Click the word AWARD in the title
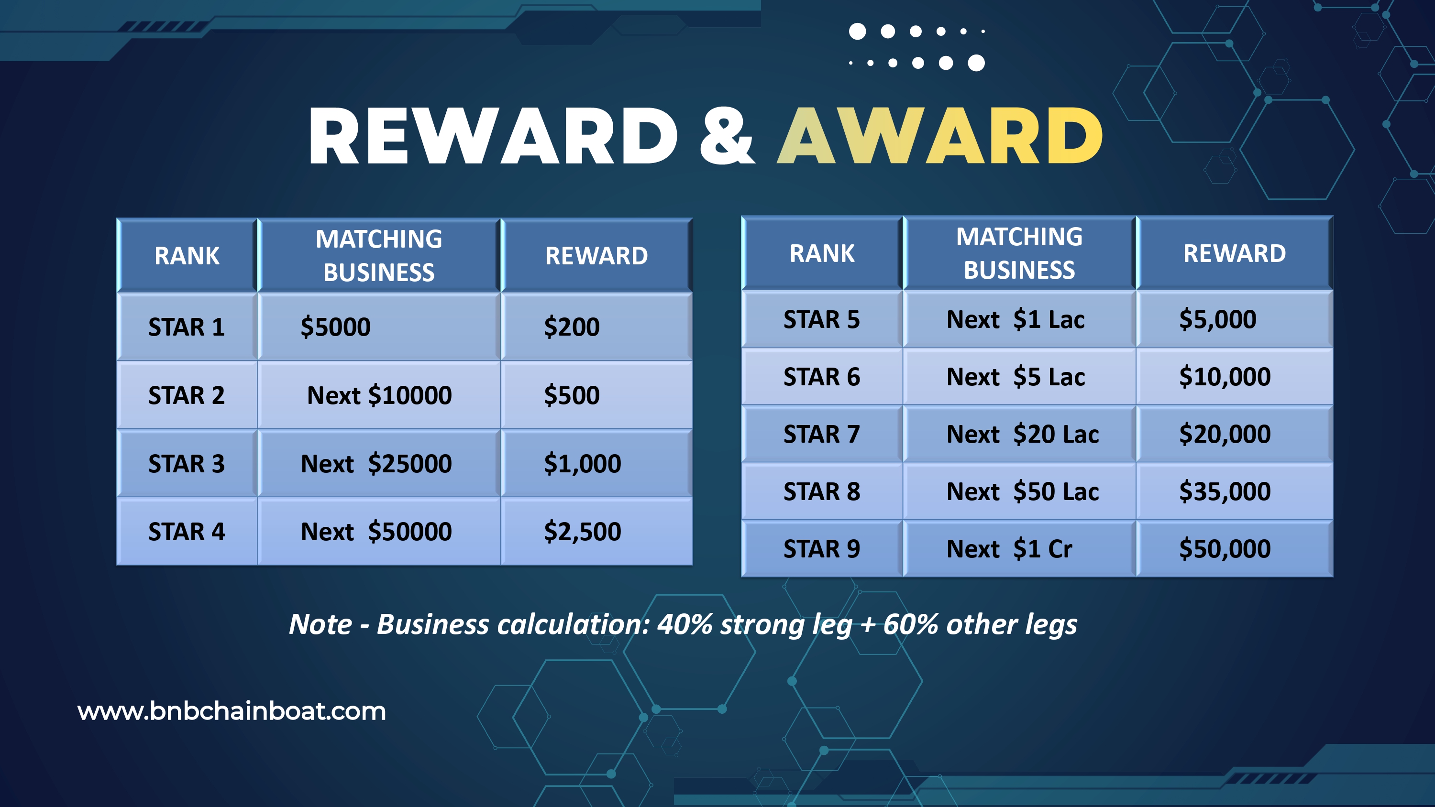940,136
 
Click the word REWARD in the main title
493,136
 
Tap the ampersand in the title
728,136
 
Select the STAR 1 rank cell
187,327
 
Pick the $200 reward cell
596,327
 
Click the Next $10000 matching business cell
379,395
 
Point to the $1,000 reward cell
596,463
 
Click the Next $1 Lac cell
1019,320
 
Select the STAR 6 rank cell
822,377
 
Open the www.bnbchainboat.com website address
232,711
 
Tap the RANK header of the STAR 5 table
822,253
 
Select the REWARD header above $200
596,256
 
